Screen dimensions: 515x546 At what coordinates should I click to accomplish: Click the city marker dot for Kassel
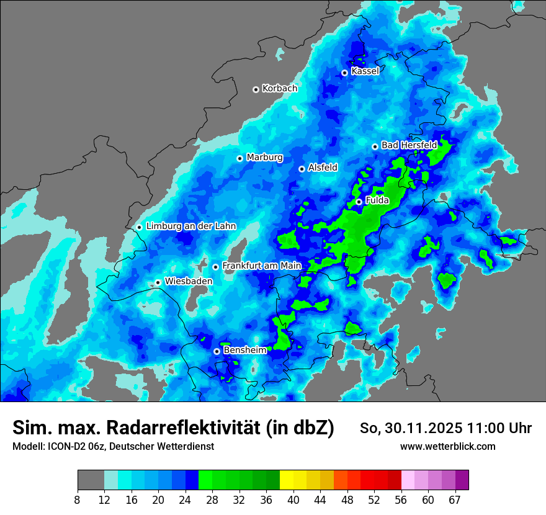pyautogui.click(x=344, y=73)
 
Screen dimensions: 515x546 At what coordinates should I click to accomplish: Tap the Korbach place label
pyautogui.click(x=280, y=89)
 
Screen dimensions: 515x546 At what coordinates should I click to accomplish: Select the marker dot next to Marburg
pyautogui.click(x=239, y=158)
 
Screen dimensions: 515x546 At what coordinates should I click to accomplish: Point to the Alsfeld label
pyautogui.click(x=323, y=168)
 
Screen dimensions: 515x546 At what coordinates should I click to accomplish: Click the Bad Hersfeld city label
pyautogui.click(x=409, y=145)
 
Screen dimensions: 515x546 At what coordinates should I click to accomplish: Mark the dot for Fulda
pyautogui.click(x=359, y=202)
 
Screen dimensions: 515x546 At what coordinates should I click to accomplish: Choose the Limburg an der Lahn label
pyautogui.click(x=191, y=226)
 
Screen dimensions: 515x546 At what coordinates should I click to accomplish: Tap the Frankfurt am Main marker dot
pyautogui.click(x=216, y=267)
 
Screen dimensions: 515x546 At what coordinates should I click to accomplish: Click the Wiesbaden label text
pyautogui.click(x=189, y=281)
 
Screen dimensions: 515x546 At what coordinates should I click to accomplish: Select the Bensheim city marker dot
pyautogui.click(x=217, y=351)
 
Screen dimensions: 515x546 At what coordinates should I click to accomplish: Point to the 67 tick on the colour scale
pyautogui.click(x=455, y=499)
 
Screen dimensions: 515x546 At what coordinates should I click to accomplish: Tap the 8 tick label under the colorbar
pyautogui.click(x=78, y=499)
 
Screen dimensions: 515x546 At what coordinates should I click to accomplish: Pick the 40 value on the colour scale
pyautogui.click(x=293, y=499)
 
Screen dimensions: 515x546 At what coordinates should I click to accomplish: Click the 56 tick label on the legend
pyautogui.click(x=401, y=499)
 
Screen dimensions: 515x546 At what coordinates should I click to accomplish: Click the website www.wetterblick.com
pyautogui.click(x=448, y=447)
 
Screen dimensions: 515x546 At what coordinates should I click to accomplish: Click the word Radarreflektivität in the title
pyautogui.click(x=183, y=428)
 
